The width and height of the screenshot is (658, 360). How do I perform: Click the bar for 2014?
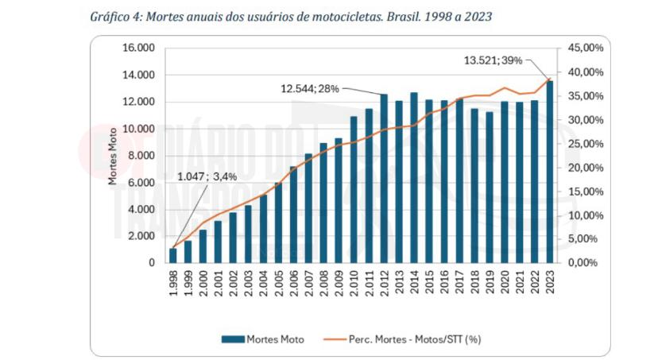(414, 178)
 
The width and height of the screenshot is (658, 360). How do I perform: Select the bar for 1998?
(172, 255)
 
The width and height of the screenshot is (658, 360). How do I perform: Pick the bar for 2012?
(383, 179)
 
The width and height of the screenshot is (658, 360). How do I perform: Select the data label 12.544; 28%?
(309, 88)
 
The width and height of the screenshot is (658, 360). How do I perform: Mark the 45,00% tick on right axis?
(586, 48)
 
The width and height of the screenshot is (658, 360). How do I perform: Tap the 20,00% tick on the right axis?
(586, 168)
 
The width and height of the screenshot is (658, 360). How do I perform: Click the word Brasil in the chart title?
(404, 16)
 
